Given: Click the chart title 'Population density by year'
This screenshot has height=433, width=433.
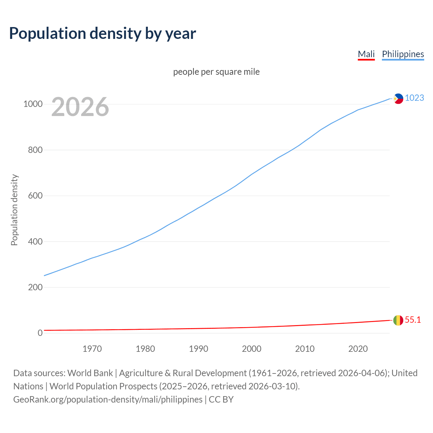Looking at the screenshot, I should click(102, 33).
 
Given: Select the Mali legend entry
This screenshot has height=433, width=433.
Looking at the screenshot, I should click(366, 54).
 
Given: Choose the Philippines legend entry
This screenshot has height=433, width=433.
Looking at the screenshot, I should click(403, 54).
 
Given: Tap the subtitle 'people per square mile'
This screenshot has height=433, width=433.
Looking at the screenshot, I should click(216, 72).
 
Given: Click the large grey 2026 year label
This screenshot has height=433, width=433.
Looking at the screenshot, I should click(80, 107).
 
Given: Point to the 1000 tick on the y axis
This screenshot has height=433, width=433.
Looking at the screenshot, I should click(33, 104).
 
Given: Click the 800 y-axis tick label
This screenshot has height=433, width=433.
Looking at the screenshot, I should click(35, 150).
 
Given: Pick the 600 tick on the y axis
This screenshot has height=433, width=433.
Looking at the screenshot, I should click(35, 196).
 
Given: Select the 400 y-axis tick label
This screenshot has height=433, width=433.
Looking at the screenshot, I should click(35, 242).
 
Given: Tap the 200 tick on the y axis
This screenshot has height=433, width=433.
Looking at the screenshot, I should click(35, 287).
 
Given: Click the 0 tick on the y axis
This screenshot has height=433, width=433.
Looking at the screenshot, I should click(40, 333).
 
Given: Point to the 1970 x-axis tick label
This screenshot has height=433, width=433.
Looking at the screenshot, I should click(92, 349).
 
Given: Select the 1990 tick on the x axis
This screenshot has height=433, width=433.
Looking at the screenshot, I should click(199, 349).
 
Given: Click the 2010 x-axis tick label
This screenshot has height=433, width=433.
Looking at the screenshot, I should click(305, 349).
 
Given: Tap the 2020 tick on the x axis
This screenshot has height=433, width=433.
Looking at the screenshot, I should click(358, 349).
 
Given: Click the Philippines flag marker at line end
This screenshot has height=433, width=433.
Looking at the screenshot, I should click(398, 99).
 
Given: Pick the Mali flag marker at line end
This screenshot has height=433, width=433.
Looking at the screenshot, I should click(398, 320).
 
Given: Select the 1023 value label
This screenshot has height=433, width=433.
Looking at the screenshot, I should click(414, 98).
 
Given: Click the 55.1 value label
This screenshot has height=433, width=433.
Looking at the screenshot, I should click(413, 320).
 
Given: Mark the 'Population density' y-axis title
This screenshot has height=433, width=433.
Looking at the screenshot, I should click(14, 210).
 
